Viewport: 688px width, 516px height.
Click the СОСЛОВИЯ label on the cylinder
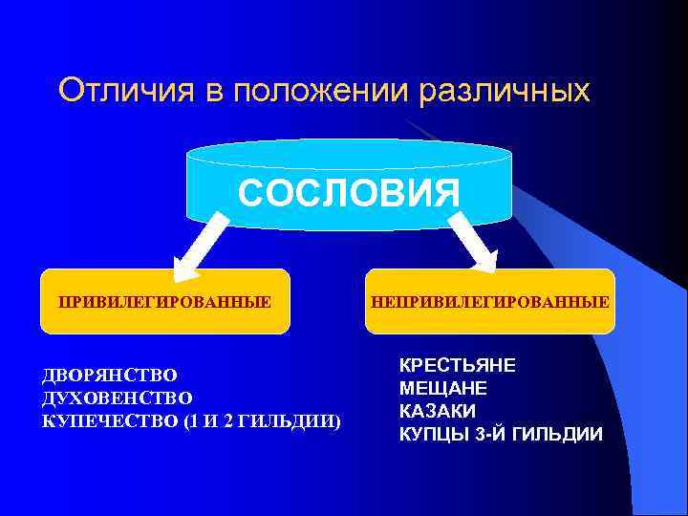(x=350, y=192)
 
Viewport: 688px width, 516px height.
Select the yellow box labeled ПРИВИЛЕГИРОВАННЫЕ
(x=164, y=302)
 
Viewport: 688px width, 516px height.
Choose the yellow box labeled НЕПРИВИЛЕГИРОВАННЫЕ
(x=490, y=302)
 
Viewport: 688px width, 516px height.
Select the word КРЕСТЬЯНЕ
(x=458, y=366)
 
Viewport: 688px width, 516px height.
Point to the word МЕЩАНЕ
(x=442, y=389)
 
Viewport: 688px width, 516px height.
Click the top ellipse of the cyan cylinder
(x=349, y=154)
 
